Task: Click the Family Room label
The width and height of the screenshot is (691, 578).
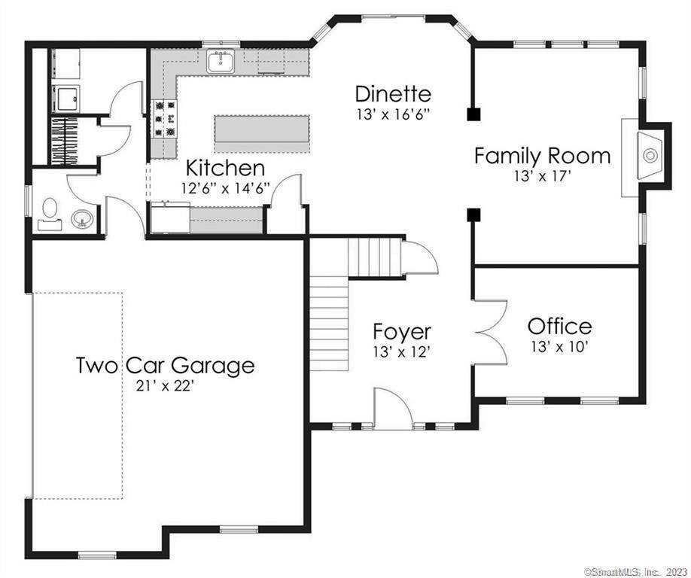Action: [542, 157]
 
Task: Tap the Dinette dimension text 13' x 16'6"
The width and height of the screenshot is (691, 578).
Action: [393, 115]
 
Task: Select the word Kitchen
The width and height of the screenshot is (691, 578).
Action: [225, 168]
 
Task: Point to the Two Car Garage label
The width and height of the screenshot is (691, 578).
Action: [165, 366]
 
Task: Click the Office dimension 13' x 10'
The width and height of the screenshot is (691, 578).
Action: [559, 347]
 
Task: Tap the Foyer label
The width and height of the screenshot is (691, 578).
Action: [403, 332]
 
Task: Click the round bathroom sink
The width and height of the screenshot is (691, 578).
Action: [83, 219]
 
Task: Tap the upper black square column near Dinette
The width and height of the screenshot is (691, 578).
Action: [473, 114]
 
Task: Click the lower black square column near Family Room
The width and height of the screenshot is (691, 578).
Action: [473, 215]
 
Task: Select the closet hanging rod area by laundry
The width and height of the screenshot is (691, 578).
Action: [65, 138]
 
